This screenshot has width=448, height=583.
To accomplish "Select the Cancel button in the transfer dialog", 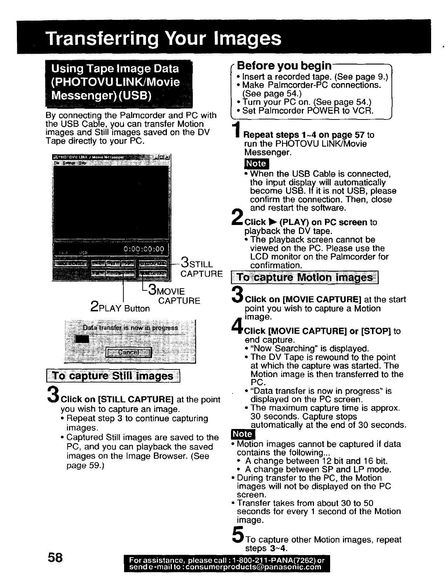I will (x=129, y=353).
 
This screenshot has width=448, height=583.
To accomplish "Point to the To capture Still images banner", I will (x=113, y=376).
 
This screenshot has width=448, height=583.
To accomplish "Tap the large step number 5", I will (x=239, y=536).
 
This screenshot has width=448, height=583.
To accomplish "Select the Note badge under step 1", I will (x=256, y=164).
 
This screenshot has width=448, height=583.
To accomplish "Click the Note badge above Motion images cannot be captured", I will (x=243, y=434).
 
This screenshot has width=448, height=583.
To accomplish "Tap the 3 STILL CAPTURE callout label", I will (x=201, y=268).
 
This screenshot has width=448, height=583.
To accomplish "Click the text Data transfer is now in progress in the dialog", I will (x=130, y=328).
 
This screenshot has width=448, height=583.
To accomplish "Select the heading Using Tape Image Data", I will (x=115, y=69).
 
